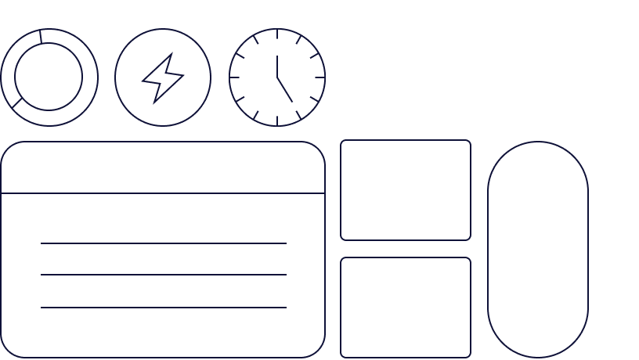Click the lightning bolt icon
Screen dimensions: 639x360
(162, 78)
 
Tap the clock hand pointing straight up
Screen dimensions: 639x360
(277, 66)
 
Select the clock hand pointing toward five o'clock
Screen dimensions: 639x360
(285, 90)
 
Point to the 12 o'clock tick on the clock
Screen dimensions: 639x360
(277, 34)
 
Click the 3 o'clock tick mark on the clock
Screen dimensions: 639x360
(319, 77)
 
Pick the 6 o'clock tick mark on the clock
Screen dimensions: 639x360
(277, 121)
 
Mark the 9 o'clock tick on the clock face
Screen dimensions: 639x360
(234, 77)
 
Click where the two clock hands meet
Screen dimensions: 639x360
(277, 77)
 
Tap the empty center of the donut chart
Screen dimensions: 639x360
(49, 77)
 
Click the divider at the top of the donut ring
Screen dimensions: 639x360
(40, 36)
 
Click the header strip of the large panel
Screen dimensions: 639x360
(163, 167)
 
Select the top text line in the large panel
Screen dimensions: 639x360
(163, 243)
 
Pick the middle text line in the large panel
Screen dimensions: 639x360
(163, 275)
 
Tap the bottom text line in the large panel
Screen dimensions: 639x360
(163, 308)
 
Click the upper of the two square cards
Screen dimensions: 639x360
(406, 189)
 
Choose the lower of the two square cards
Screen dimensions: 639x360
(406, 307)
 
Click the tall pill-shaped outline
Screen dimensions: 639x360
(538, 249)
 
